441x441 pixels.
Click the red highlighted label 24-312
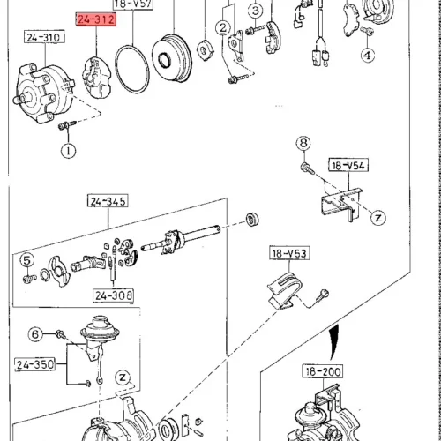[x=96, y=19]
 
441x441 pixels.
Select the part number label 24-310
[x=44, y=37]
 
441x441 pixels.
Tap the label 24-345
[x=108, y=201]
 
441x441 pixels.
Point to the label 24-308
[x=114, y=295]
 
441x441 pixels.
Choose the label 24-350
[x=35, y=364]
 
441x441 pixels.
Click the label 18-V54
[x=348, y=166]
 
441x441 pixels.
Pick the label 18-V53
[x=289, y=253]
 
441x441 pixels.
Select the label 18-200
[x=323, y=371]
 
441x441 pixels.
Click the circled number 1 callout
[x=68, y=151]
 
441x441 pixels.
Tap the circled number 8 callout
[x=303, y=143]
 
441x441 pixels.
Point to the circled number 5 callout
[x=27, y=260]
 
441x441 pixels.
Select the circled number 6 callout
[x=35, y=334]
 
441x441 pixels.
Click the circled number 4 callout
[x=368, y=55]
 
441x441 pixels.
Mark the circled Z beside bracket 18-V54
[x=378, y=218]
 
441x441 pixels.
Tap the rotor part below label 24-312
[x=97, y=77]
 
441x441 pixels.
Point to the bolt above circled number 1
[x=67, y=125]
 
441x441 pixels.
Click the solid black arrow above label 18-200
[x=334, y=341]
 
